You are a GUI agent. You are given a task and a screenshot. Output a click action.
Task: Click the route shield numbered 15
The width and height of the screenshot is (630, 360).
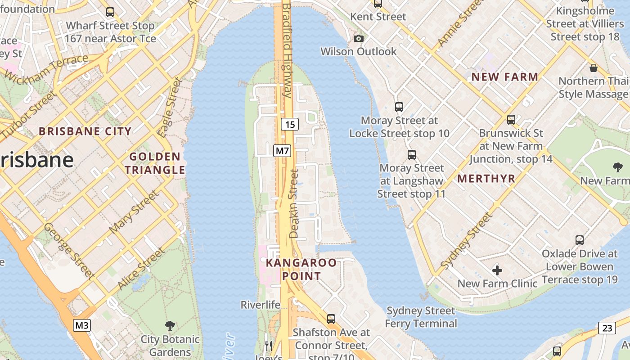tap(290, 124)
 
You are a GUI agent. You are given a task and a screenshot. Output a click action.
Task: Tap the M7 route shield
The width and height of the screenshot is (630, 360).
tap(282, 150)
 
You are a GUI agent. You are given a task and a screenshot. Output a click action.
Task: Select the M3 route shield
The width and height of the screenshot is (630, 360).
tap(81, 325)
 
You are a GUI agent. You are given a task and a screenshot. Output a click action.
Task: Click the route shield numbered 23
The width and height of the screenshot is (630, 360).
tap(607, 328)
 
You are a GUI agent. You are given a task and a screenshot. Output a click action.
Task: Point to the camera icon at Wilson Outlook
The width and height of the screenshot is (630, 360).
tap(359, 38)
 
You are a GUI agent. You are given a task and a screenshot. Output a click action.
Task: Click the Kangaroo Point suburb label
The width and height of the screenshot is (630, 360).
tap(301, 269)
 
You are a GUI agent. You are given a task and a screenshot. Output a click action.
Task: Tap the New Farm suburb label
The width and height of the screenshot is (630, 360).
tap(504, 77)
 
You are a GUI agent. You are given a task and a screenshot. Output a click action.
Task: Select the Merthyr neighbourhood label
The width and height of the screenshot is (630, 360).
tap(486, 179)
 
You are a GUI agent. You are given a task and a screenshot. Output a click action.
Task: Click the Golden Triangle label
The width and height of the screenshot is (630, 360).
tap(155, 163)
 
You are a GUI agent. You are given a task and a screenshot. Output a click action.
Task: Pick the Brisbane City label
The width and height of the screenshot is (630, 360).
tap(85, 131)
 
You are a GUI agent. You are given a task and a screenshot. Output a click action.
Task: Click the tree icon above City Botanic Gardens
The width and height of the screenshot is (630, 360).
tap(170, 325)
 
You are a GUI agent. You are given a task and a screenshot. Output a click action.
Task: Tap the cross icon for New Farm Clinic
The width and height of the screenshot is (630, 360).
tap(497, 270)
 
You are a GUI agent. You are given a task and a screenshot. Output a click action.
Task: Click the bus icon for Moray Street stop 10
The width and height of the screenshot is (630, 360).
tap(399, 107)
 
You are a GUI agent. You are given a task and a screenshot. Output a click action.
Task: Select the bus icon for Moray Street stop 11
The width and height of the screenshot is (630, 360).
tap(411, 154)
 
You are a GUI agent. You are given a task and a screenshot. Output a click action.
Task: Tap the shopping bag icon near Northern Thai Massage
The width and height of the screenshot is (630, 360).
tap(594, 68)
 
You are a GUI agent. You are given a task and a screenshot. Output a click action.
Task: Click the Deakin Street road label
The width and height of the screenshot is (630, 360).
tap(294, 203)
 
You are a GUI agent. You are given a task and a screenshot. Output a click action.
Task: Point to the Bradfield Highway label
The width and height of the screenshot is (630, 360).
tap(287, 49)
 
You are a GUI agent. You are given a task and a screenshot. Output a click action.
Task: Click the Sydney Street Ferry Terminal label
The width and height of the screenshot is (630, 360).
tap(421, 317)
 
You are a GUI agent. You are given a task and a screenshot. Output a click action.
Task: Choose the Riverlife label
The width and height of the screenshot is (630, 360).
tap(261, 305)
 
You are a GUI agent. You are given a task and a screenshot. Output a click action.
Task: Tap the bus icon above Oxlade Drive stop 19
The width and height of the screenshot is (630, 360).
tap(580, 240)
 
